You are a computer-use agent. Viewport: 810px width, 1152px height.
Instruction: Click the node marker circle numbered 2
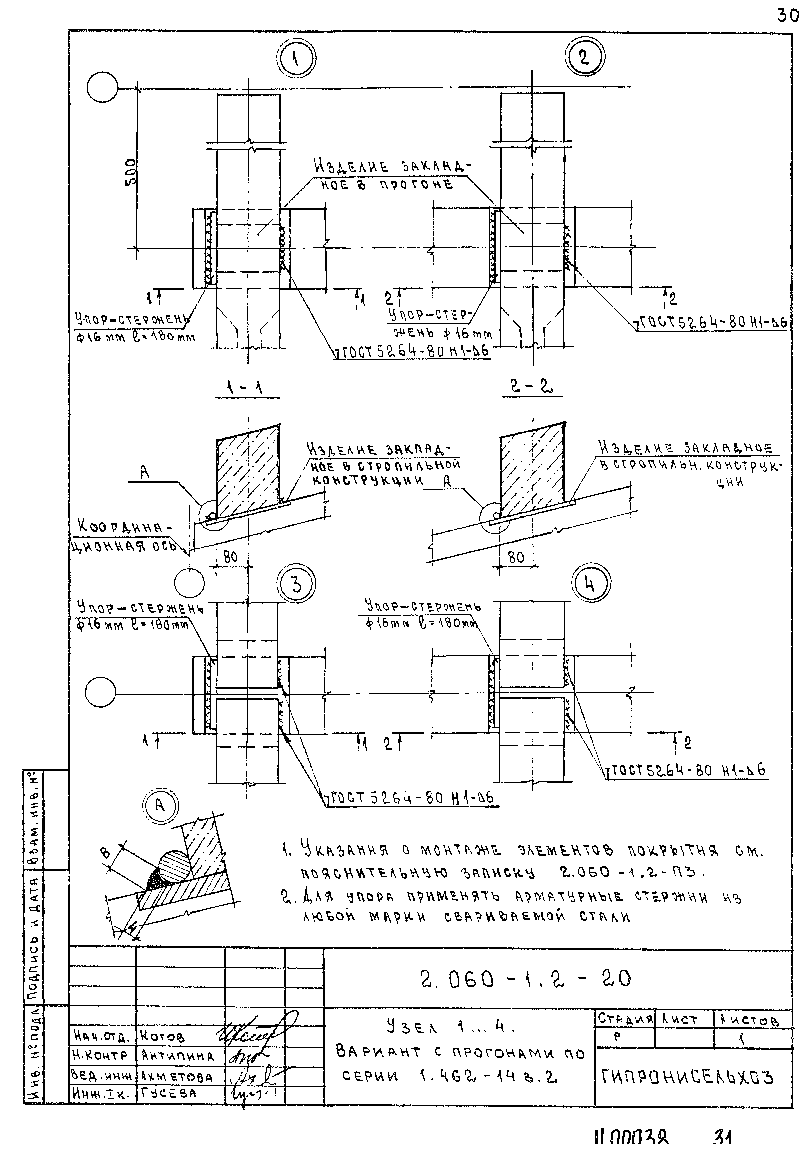tap(584, 57)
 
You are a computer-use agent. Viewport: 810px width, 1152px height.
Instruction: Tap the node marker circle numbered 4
tap(590, 584)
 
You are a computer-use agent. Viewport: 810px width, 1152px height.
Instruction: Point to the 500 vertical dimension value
tap(130, 172)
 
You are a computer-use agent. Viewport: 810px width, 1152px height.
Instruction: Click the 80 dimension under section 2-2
tap(516, 557)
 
